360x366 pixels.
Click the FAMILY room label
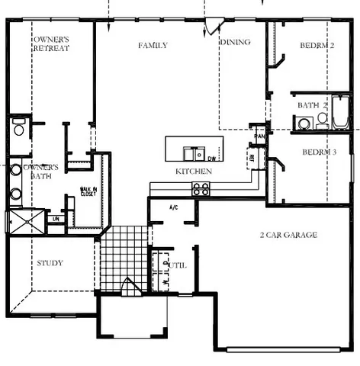[x=153, y=45]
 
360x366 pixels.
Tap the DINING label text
[x=235, y=42]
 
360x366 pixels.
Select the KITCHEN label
[x=194, y=172]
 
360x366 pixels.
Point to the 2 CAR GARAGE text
[x=288, y=235]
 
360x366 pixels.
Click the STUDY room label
[x=50, y=263]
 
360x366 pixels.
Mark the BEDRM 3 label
[x=319, y=152]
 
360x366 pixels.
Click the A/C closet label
[x=172, y=207]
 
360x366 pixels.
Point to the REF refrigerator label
[x=252, y=158]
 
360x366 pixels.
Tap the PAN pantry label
[x=259, y=136]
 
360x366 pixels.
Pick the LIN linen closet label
[x=55, y=219]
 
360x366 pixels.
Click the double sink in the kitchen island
[x=192, y=150]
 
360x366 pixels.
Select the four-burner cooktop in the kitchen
[x=201, y=188]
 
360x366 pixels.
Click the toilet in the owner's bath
[x=19, y=127]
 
